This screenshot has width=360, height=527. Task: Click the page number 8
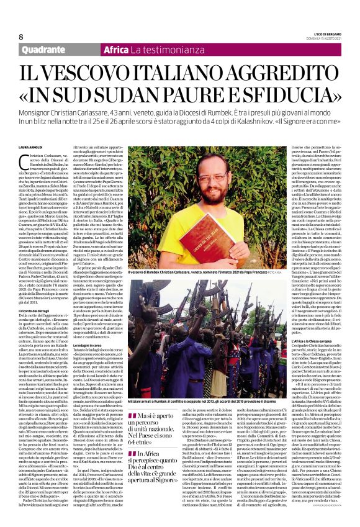tap(20, 35)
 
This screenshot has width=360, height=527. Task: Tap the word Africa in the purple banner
tap(116, 50)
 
